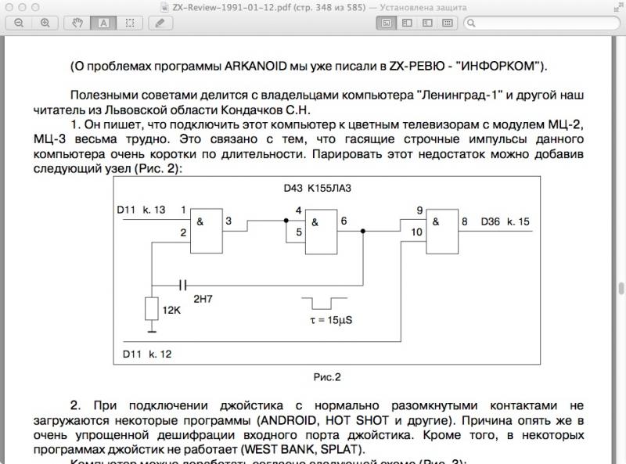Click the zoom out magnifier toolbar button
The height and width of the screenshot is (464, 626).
(x=18, y=23)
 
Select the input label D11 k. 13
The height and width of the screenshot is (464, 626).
(x=141, y=210)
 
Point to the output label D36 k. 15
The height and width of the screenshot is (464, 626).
(x=505, y=222)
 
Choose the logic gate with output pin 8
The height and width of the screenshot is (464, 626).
(x=442, y=232)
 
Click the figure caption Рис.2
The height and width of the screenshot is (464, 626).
(x=327, y=377)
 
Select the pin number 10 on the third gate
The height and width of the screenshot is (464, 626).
(x=417, y=232)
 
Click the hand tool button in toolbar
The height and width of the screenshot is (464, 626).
(x=78, y=23)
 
